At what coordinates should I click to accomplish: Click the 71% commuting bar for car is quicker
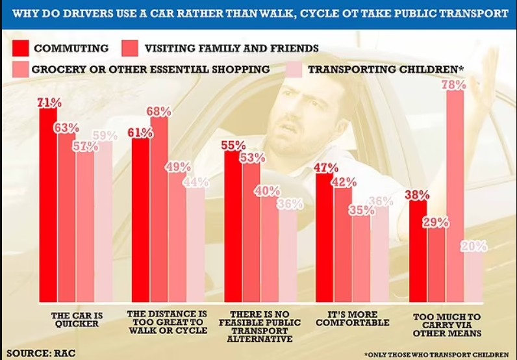click(x=48, y=205)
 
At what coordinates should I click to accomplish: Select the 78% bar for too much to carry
click(x=455, y=195)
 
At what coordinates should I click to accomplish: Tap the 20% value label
click(x=473, y=246)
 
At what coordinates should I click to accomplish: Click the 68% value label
click(x=158, y=112)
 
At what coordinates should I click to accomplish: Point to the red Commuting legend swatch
click(x=21, y=48)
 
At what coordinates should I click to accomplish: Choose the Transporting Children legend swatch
click(x=295, y=70)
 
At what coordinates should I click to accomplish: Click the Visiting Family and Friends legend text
click(x=231, y=48)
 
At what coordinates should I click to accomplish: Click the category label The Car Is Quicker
click(x=76, y=321)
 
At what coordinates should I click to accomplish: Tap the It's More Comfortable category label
click(x=353, y=318)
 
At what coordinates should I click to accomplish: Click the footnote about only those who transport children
click(x=436, y=354)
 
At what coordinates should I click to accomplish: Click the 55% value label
click(x=233, y=146)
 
